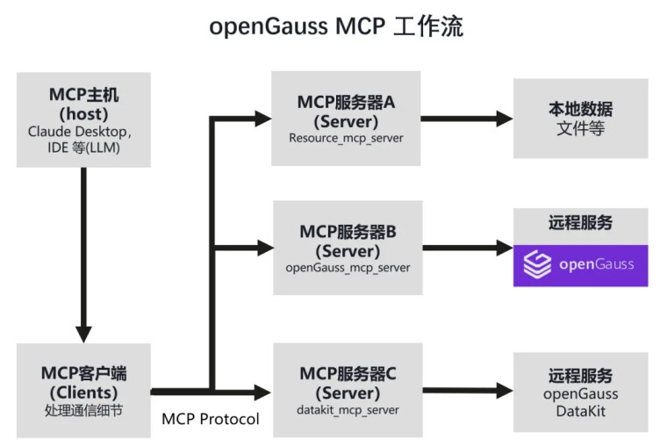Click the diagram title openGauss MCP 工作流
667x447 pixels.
point(336,26)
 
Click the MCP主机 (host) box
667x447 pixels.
point(83,119)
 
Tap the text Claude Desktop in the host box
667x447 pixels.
point(77,132)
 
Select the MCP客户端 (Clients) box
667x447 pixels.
point(83,391)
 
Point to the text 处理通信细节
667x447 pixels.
point(83,410)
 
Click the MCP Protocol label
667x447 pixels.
point(211,419)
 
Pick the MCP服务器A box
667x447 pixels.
point(346,119)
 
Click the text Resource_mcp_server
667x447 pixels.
point(346,138)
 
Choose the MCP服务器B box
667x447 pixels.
point(348,248)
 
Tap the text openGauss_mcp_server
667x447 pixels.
point(348,268)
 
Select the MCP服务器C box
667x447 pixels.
point(348,390)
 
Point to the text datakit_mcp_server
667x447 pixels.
point(348,410)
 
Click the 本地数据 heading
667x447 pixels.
point(581,110)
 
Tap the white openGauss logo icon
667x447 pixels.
point(537,264)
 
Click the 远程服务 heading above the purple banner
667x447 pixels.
point(581,223)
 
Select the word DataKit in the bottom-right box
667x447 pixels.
point(581,411)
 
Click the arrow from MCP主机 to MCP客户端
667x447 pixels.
point(83,255)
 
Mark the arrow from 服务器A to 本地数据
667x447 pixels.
point(467,119)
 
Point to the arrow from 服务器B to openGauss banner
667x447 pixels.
point(468,248)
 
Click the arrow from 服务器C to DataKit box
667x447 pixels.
point(468,391)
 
